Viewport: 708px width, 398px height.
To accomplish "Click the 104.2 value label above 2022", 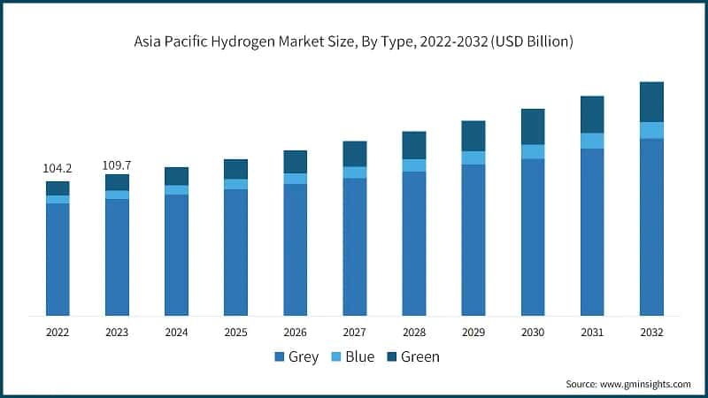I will coord(58,167).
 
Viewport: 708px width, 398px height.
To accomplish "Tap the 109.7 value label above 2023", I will coord(117,165).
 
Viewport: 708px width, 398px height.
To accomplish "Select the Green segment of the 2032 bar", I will coord(651,102).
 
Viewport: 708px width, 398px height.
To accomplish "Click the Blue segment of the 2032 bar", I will coord(651,130).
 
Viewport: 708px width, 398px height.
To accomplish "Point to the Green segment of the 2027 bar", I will coord(355,153).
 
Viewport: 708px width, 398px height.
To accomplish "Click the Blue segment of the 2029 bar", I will coord(473,157).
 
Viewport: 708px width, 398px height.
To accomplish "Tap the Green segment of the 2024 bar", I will coord(176,176).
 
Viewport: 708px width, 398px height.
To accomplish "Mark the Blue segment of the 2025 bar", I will coord(235,184).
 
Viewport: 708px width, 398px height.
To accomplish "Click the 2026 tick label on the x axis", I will coord(295,333).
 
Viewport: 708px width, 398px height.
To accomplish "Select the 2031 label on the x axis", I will coord(592,333).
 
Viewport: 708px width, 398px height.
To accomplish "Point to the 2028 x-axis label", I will coord(414,333).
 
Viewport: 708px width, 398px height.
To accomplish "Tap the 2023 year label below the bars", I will coord(117,333).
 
